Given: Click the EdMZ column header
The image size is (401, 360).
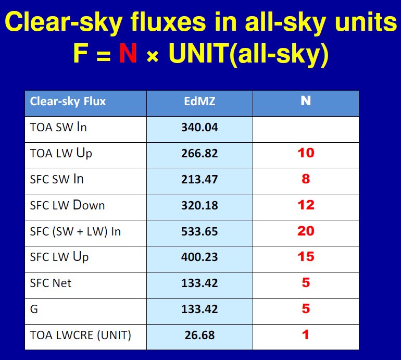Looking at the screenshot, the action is click(199, 101).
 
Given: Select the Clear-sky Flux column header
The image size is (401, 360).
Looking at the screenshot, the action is click(68, 101).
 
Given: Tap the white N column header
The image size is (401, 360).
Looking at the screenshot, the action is click(306, 101).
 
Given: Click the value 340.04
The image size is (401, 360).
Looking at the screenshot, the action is click(199, 127).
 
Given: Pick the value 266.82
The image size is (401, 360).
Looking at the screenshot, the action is click(199, 153).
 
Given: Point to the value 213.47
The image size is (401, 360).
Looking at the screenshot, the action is click(199, 179).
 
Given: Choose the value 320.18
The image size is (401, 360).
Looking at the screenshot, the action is click(199, 205).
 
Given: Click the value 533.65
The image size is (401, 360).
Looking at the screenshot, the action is click(199, 231).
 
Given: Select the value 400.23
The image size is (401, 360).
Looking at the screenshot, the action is click(199, 257).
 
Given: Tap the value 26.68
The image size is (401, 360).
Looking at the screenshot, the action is click(199, 335).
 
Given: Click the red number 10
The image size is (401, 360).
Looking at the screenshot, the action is click(306, 153).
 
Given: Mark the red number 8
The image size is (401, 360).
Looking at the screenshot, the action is click(306, 179).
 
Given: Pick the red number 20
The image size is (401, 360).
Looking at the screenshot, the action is click(306, 231).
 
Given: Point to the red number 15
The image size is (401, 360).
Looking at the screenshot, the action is click(306, 257).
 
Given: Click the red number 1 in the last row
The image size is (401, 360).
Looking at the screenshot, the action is click(306, 334).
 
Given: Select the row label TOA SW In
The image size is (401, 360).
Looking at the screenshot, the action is click(58, 127).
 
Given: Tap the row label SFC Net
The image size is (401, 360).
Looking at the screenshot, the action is click(51, 283).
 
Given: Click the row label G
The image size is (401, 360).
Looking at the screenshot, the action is click(34, 309).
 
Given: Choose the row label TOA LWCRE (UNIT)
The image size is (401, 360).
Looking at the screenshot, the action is click(81, 335).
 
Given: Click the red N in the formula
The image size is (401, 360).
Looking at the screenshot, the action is click(128, 54).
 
